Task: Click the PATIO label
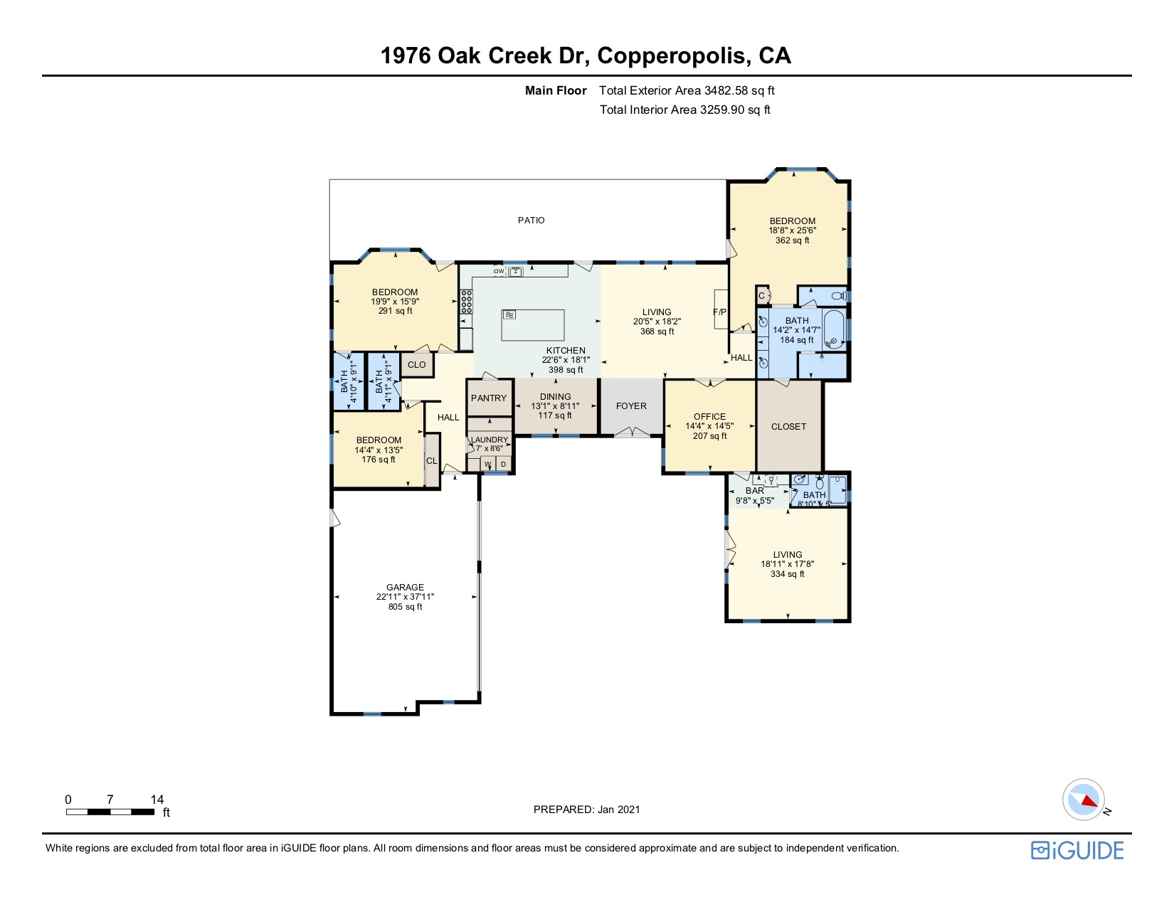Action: [x=531, y=221]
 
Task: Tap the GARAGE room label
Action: [x=405, y=587]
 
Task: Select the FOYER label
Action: [x=631, y=406]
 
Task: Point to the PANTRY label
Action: [x=488, y=398]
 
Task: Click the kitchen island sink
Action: [x=509, y=315]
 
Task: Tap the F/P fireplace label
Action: [x=719, y=312]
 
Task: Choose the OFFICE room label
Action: [x=709, y=416]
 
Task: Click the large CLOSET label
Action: [x=789, y=427]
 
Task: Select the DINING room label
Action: [x=556, y=396]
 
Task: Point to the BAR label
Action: [x=755, y=491]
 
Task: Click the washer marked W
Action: [x=488, y=464]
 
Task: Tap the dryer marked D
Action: [x=504, y=464]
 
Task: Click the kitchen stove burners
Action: [x=466, y=302]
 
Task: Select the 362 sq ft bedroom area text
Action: [x=793, y=240]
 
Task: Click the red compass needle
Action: [x=1088, y=800]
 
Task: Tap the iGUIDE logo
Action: [x=1077, y=850]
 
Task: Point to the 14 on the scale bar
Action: [x=157, y=800]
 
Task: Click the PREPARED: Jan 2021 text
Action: [x=587, y=810]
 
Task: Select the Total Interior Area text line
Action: [x=685, y=110]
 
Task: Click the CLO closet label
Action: [x=416, y=365]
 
